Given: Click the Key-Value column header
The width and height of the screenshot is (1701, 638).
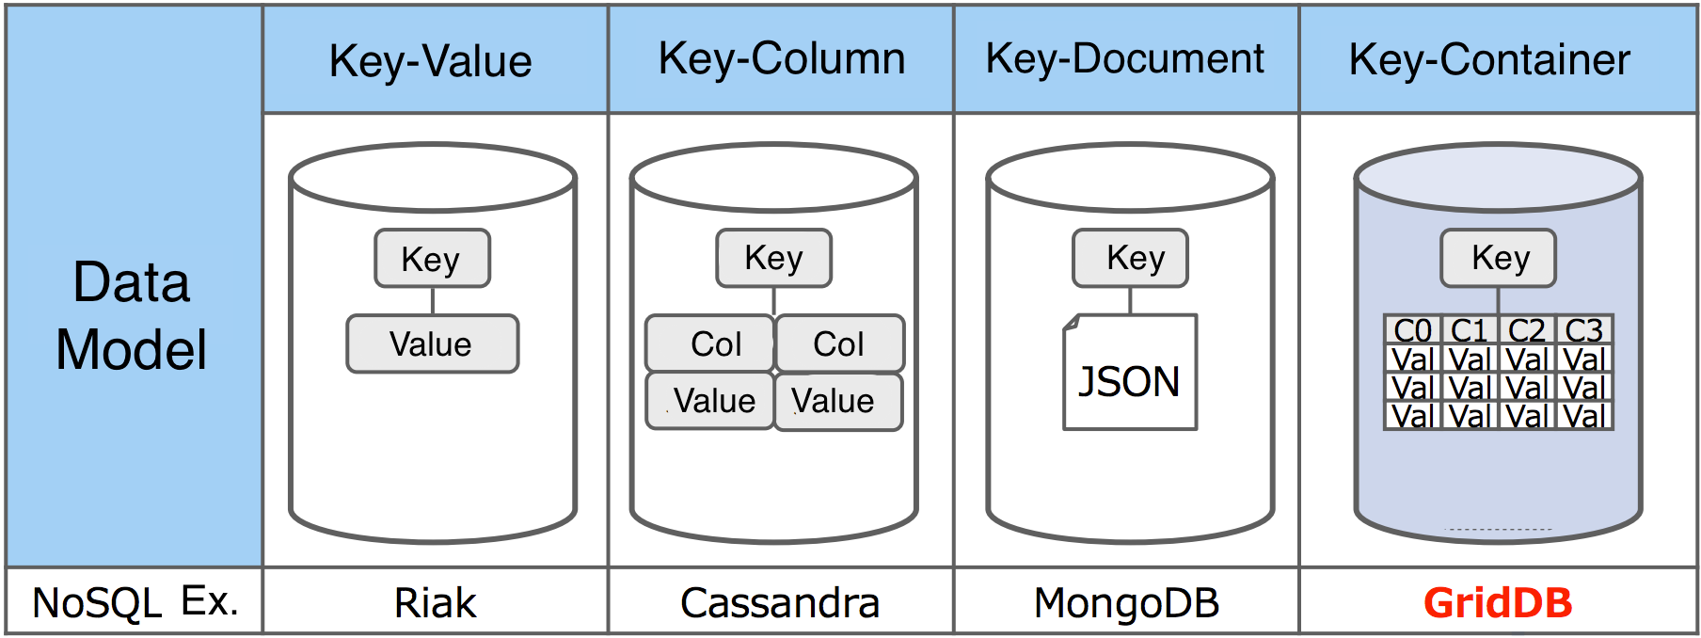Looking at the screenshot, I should point(431,61).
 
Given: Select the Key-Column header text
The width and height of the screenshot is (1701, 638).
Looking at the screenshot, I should point(782,59).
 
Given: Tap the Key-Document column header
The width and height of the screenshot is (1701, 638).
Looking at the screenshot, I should point(1125,59).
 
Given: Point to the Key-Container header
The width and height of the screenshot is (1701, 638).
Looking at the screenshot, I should point(1489,60).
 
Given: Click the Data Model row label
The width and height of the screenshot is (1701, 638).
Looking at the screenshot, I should point(132,315).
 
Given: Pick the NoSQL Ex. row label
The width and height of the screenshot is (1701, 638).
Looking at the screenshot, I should point(135,602).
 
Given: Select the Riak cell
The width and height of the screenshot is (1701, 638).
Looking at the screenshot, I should point(435,603).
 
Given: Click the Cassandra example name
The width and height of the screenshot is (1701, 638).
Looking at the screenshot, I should point(780,603).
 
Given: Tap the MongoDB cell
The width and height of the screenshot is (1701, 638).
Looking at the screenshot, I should point(1126,603).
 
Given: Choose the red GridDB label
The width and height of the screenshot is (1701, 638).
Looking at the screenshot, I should point(1498,603).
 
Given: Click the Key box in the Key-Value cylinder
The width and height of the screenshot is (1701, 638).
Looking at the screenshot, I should point(432,259).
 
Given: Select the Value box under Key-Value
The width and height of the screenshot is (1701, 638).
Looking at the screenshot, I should point(432,344).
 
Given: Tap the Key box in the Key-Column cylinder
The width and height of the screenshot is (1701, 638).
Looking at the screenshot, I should point(773,258).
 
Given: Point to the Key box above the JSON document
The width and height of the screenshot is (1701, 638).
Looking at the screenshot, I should point(1130,258).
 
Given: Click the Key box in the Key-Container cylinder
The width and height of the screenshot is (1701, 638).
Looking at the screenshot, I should point(1498,258).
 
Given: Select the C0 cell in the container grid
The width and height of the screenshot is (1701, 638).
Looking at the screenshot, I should point(1412,330).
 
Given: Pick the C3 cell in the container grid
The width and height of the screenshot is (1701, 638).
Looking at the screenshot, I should point(1584,330).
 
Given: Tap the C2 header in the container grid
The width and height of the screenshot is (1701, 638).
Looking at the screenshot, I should point(1527,330).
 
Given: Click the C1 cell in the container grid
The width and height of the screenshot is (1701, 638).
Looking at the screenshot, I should point(1470,330).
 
